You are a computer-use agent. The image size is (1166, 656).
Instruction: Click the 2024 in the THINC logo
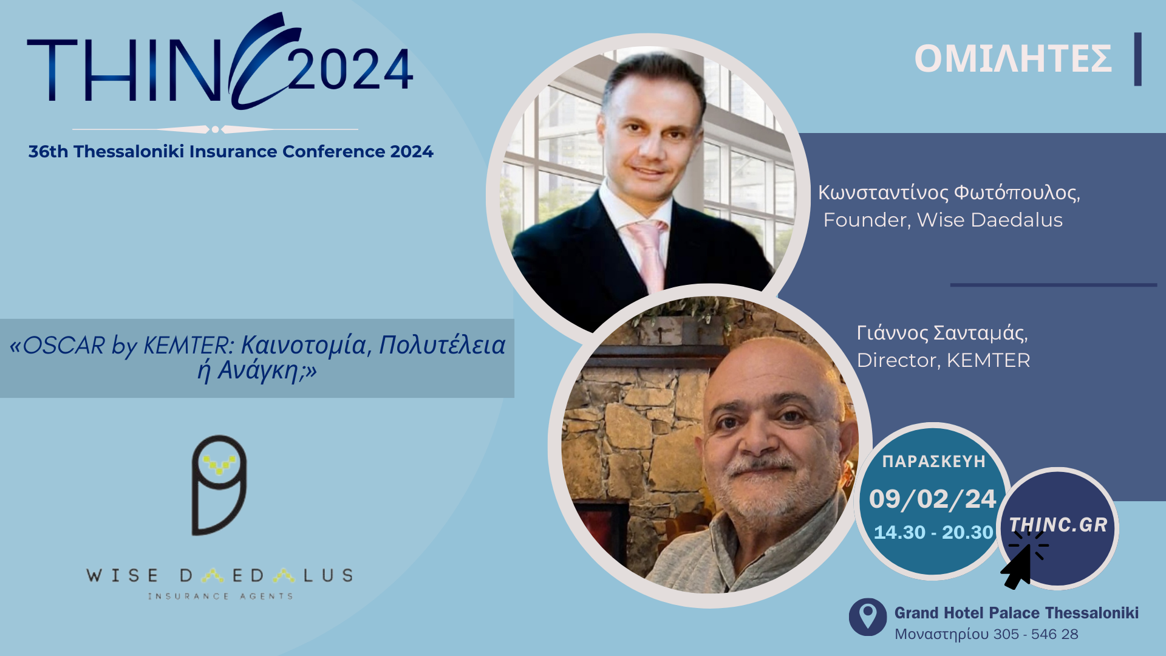click(350, 70)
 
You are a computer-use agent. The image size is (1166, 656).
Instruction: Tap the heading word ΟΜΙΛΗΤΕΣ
click(1013, 59)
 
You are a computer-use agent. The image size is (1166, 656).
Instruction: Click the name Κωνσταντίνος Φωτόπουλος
click(948, 192)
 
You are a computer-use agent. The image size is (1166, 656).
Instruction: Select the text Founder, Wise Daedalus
click(943, 220)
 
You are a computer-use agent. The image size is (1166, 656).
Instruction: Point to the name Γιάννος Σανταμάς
click(941, 333)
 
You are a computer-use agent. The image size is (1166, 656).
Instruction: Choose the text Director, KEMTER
click(943, 360)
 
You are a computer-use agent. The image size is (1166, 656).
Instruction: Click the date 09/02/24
click(932, 499)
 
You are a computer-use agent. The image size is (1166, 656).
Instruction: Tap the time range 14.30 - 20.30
click(933, 532)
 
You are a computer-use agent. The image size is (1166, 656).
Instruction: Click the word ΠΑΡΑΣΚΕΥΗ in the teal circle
click(933, 462)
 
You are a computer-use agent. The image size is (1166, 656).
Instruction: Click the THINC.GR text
click(1058, 525)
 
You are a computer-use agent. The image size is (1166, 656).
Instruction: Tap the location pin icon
click(868, 617)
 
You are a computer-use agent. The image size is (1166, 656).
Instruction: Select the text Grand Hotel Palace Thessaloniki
click(1016, 613)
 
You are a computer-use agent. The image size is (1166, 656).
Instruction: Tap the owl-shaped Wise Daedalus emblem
click(219, 485)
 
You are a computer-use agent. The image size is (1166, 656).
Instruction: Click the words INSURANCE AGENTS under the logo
click(220, 596)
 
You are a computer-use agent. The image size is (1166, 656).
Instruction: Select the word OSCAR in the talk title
click(64, 346)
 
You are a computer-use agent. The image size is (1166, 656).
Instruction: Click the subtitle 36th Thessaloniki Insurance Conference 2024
click(231, 151)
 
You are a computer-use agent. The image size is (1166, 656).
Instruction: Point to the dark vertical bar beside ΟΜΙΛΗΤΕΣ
click(1137, 59)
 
